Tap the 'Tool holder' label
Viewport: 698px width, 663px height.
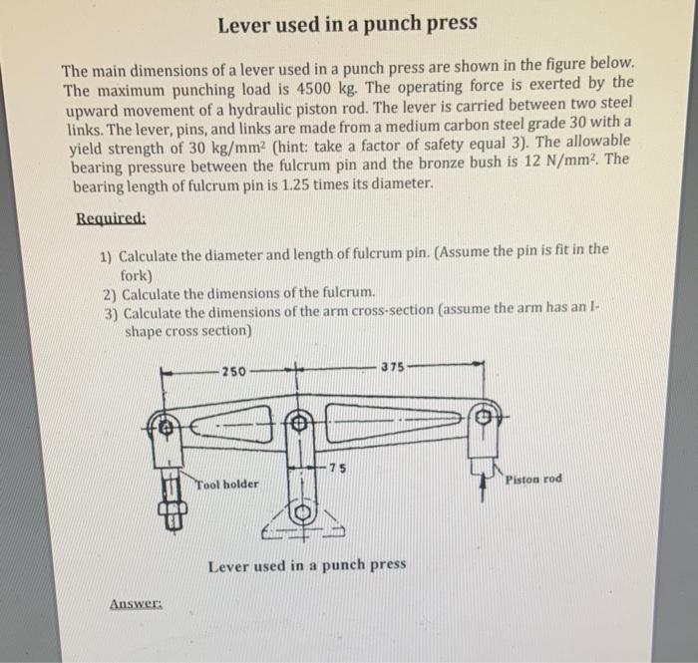click(226, 484)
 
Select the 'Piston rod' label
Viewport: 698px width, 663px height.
click(533, 479)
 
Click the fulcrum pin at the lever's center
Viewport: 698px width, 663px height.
click(297, 423)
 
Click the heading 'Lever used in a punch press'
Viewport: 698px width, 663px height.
click(347, 22)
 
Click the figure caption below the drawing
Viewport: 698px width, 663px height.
click(307, 565)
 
